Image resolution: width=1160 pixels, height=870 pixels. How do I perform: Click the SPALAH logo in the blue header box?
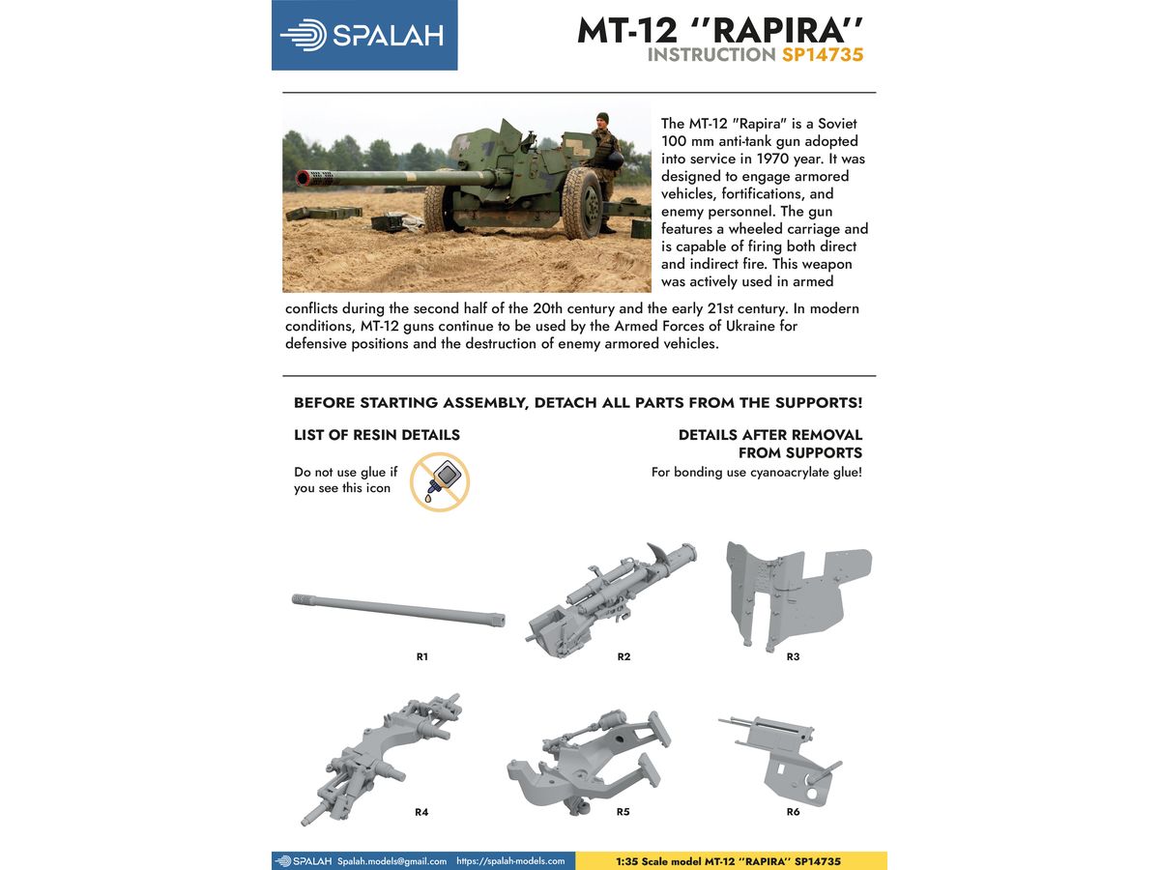[x=363, y=35]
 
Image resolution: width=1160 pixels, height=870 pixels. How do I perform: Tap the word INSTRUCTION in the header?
[x=710, y=55]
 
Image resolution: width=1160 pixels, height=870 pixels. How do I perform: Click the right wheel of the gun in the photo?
[x=583, y=201]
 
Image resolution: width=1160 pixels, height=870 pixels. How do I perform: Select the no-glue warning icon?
[x=440, y=481]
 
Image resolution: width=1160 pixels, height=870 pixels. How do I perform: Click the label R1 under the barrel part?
[x=421, y=656]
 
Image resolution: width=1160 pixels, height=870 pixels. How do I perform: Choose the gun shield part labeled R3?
[x=795, y=591]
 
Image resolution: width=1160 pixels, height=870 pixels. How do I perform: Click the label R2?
[x=623, y=656]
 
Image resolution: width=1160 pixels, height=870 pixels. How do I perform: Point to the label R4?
[x=421, y=812]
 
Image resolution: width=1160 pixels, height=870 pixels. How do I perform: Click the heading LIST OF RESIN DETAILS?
[x=377, y=435]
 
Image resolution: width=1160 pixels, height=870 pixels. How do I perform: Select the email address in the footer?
[x=392, y=860]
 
